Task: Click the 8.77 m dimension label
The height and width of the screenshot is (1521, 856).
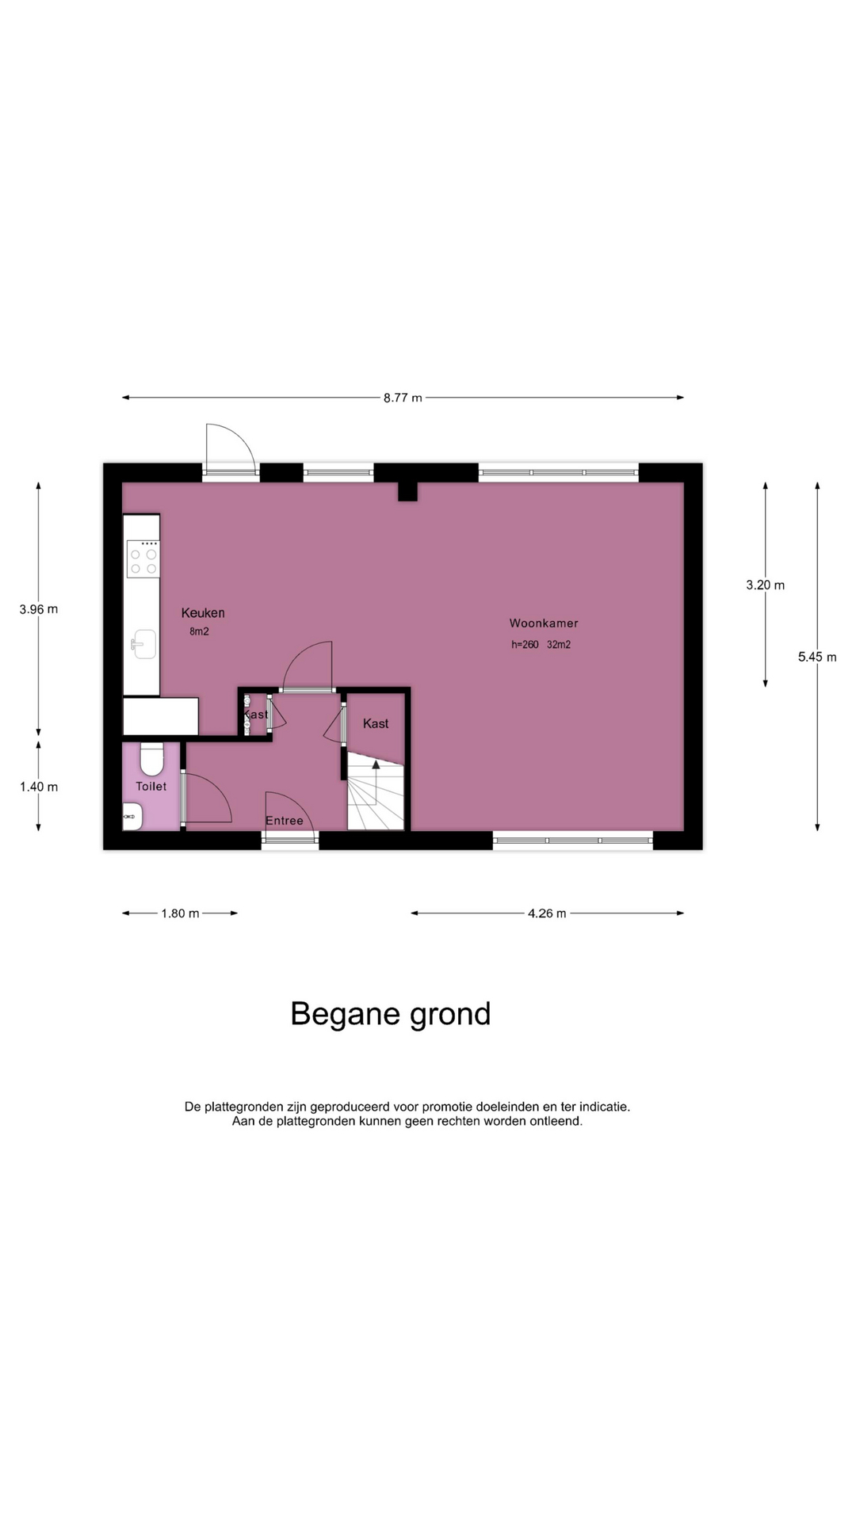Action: click(x=403, y=398)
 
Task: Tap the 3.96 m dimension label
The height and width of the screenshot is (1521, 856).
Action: click(x=39, y=609)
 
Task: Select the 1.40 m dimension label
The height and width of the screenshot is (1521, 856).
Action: click(x=39, y=787)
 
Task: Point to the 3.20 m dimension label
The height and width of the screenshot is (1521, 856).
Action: click(x=766, y=585)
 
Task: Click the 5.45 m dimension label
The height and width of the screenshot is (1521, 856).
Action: click(x=817, y=657)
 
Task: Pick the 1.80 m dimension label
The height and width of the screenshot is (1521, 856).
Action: click(x=180, y=913)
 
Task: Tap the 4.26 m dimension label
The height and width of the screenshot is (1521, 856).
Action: click(x=547, y=913)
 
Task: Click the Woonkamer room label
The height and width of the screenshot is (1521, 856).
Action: click(x=544, y=623)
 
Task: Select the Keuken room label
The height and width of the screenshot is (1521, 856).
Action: click(x=203, y=612)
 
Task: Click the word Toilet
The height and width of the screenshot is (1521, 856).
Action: click(x=151, y=786)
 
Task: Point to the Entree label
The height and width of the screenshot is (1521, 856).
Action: click(x=285, y=821)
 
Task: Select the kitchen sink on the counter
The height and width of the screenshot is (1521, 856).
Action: click(x=143, y=643)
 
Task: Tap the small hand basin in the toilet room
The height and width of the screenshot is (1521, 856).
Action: click(x=132, y=816)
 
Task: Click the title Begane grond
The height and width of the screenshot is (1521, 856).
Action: click(x=391, y=1014)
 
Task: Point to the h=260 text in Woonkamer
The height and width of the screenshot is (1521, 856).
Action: click(x=525, y=645)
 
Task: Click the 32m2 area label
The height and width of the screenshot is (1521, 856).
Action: click(x=559, y=645)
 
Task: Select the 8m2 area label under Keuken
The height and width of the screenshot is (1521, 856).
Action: click(x=199, y=631)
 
